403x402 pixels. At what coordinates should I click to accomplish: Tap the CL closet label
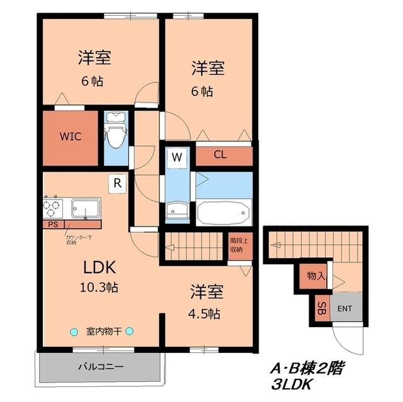coord(220,154)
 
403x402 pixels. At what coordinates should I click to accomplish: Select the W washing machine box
coord(177,157)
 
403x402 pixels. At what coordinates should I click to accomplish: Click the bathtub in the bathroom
coord(224,212)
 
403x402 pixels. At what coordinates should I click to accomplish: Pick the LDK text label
coord(99,267)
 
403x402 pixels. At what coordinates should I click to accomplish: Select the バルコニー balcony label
coord(101,366)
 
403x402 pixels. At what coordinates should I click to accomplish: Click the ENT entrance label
coord(345,309)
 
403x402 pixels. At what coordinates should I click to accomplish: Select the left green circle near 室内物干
coord(74,332)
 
